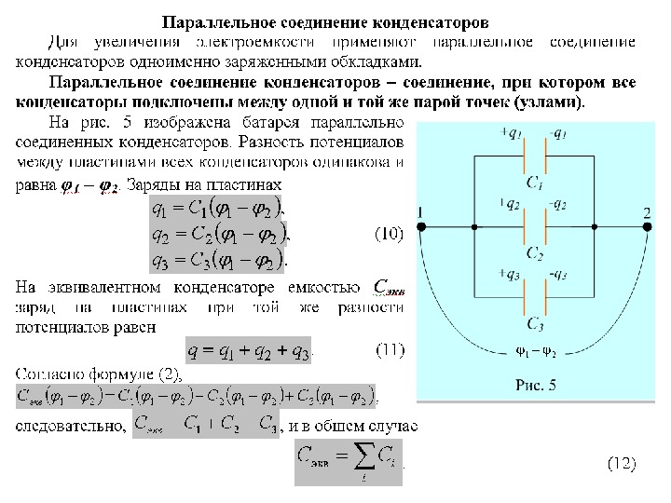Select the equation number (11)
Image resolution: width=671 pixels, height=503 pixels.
390,350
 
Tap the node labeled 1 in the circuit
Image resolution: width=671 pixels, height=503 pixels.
421,226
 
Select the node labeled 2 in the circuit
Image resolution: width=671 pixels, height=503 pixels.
647,226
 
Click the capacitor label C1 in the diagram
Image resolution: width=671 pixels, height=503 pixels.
535,183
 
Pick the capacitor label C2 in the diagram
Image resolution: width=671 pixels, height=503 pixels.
534,253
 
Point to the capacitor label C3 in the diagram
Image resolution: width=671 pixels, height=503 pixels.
534,323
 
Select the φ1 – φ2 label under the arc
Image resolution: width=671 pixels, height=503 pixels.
534,354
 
